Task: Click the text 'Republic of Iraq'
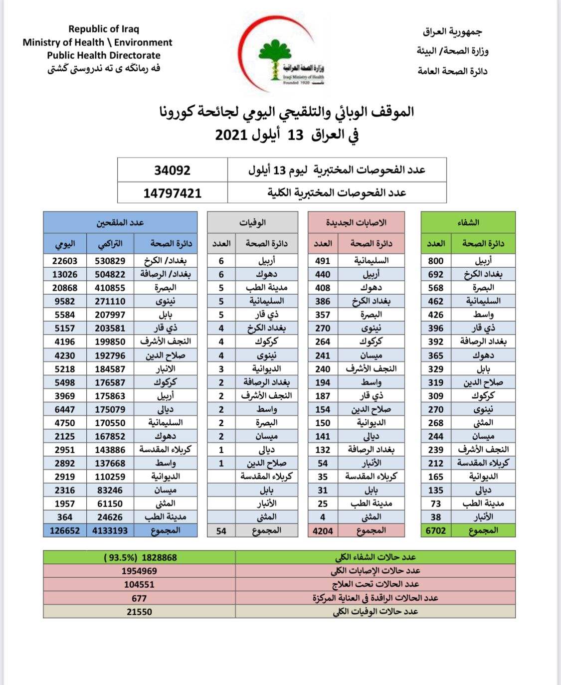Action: tap(104, 29)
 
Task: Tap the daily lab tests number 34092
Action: tap(173, 171)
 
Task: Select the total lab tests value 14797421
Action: tap(173, 193)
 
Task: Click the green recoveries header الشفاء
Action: tap(468, 222)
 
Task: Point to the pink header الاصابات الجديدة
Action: tap(356, 222)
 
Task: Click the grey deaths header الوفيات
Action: tap(252, 222)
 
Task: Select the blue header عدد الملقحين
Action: tap(120, 222)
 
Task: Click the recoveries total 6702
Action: tap(436, 531)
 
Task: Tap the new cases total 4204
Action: tap(323, 531)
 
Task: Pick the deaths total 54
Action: tap(221, 531)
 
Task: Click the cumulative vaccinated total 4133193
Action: tap(110, 531)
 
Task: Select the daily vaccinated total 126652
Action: tap(65, 531)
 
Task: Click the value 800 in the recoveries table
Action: tap(436, 261)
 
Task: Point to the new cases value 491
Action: tap(323, 261)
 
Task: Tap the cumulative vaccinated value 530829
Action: tap(110, 261)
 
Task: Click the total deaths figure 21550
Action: tap(139, 612)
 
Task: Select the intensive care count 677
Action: tap(139, 598)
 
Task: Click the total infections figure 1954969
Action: tap(139, 571)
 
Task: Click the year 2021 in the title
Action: tap(231, 135)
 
